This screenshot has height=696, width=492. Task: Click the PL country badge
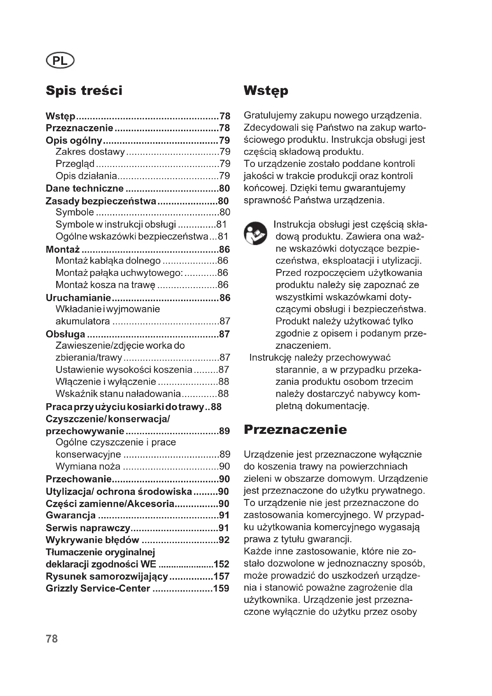[60, 61]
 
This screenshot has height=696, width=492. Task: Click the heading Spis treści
[84, 91]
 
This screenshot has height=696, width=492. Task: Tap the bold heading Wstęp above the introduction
[266, 91]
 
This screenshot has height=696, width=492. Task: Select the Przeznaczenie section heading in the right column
[295, 430]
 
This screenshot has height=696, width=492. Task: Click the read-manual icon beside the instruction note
[256, 233]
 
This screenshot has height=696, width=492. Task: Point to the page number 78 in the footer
[52, 639]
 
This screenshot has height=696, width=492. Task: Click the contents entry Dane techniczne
[84, 188]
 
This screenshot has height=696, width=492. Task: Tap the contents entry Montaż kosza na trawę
[105, 285]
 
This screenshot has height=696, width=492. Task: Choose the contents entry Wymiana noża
[88, 466]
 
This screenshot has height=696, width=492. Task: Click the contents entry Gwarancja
[70, 515]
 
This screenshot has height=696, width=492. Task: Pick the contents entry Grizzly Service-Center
[98, 588]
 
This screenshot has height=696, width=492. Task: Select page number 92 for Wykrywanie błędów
[224, 540]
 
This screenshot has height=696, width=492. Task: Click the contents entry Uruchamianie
[79, 298]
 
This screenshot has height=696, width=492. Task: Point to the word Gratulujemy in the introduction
[270, 115]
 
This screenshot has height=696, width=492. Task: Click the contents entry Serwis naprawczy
[88, 528]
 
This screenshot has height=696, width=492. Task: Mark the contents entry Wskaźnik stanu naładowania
[118, 394]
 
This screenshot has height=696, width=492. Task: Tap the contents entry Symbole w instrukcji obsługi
[116, 224]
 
